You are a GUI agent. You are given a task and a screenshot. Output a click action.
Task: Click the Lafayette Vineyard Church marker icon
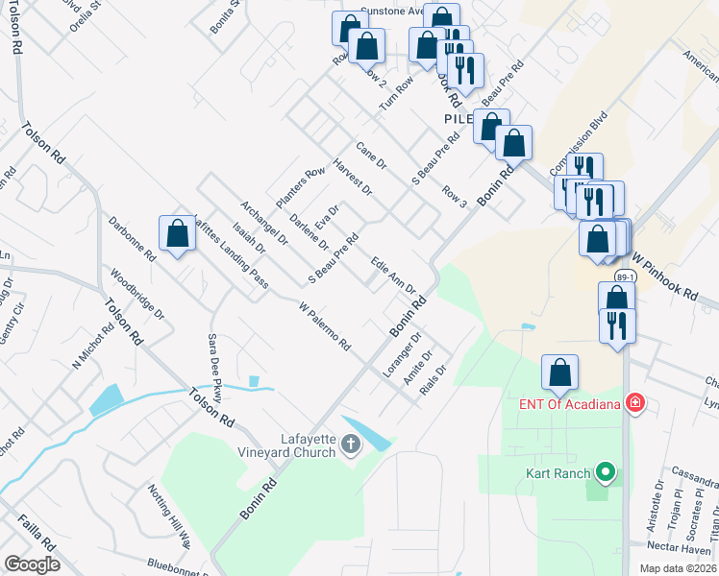coord(351,444)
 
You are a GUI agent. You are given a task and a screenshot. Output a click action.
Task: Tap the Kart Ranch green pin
coord(605,472)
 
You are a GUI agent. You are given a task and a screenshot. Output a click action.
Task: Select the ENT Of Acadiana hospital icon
coord(634,402)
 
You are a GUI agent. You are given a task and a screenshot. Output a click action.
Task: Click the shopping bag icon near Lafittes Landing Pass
coord(177,233)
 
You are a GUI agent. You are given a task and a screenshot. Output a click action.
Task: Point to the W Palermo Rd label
coord(324,326)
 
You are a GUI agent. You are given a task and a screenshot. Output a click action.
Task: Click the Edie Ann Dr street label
coord(392,275)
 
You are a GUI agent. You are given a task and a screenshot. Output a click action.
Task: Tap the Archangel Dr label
coord(265,223)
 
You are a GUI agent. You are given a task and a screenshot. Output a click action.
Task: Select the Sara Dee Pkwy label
coord(216,368)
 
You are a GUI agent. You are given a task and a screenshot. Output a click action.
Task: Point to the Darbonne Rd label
coord(133,240)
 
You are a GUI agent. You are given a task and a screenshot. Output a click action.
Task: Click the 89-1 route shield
coord(624,277)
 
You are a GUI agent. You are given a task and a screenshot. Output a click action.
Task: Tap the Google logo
coord(32,564)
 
